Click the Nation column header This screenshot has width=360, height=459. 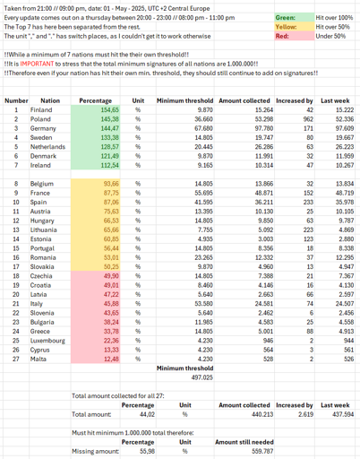pyautogui.click(x=52, y=101)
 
